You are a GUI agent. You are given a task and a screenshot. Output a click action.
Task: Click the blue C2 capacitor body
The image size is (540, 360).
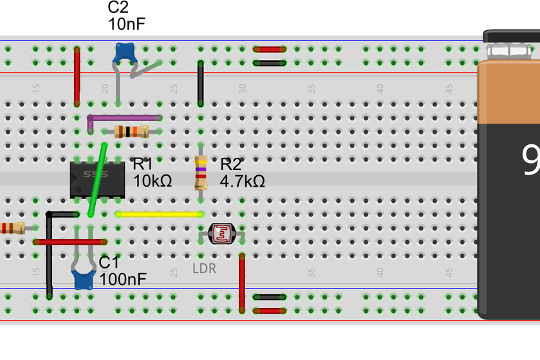[x=124, y=53]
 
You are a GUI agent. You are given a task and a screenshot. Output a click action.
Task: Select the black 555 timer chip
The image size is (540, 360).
[x=97, y=179]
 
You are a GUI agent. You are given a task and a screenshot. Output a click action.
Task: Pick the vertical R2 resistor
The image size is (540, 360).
[x=201, y=173]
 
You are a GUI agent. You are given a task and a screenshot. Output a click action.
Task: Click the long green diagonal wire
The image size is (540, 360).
[x=98, y=180]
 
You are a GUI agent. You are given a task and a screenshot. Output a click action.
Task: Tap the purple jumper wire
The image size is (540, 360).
[x=124, y=118]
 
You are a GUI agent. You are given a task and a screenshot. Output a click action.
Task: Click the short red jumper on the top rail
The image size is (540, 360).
[x=270, y=49]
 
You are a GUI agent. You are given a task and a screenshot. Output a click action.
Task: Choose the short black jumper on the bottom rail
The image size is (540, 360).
[x=270, y=298]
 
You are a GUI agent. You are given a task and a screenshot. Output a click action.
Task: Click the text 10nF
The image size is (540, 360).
[x=127, y=24]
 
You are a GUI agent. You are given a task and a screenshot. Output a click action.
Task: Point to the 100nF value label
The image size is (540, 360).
[x=123, y=279]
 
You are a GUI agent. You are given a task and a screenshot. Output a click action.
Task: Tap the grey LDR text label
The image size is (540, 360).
[x=204, y=269]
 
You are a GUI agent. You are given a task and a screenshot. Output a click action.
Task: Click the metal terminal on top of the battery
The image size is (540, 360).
[x=513, y=50]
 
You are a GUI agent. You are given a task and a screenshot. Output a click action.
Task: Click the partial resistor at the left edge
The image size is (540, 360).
[x=11, y=227]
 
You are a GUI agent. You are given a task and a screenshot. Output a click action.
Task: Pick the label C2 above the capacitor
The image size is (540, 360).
[x=118, y=8]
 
